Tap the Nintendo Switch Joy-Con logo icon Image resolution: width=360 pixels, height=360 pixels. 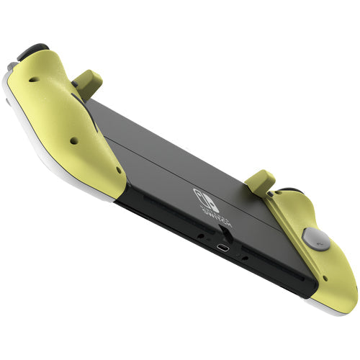206,196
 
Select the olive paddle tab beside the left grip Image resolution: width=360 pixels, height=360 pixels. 87,84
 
